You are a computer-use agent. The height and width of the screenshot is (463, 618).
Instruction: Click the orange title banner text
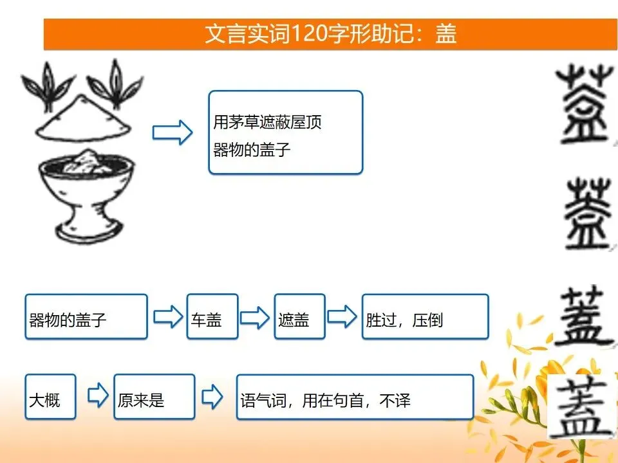click(x=331, y=34)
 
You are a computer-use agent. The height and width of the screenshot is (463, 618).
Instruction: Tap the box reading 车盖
click(x=212, y=316)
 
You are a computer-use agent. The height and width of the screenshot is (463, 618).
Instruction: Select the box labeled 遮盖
click(x=300, y=316)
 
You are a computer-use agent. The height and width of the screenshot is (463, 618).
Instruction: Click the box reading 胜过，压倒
click(x=426, y=316)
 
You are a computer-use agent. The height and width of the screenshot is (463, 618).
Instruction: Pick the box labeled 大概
click(x=50, y=397)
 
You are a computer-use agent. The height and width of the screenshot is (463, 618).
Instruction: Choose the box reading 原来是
click(x=154, y=397)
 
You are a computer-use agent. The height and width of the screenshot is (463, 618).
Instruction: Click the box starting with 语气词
click(x=355, y=397)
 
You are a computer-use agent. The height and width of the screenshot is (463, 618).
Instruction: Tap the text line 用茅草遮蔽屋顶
click(x=267, y=122)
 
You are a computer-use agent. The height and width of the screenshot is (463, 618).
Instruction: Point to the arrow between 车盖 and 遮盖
click(x=255, y=316)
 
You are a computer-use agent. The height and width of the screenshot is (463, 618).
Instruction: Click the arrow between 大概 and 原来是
click(x=98, y=395)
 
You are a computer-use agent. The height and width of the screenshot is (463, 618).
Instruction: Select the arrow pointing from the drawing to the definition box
click(x=173, y=132)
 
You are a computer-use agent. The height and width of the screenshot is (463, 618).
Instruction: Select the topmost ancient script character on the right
click(x=586, y=104)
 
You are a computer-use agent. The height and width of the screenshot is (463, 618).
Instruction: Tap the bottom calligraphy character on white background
click(x=582, y=406)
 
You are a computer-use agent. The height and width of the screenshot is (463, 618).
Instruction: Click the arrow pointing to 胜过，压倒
click(x=342, y=316)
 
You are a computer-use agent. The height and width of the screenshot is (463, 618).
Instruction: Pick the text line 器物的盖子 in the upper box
click(x=252, y=150)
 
